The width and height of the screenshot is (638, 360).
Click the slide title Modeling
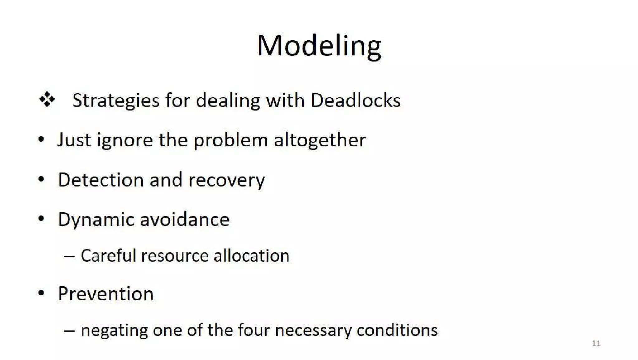[x=319, y=46]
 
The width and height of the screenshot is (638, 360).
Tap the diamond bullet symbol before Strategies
[x=47, y=99]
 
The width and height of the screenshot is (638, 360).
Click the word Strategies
[x=116, y=101]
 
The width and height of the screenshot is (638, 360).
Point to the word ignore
[x=125, y=140]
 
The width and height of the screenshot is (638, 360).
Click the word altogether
[x=320, y=140]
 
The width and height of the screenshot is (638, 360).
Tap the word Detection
[x=100, y=180]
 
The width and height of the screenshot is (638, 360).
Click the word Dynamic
[x=96, y=220]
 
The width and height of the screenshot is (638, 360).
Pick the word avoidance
[x=185, y=219]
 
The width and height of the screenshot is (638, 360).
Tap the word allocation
[x=251, y=256]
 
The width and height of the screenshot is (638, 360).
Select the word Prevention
[x=106, y=294]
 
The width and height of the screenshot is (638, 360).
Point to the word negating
[x=114, y=330]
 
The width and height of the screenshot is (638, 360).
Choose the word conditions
[x=397, y=330]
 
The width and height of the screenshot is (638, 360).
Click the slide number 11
[x=596, y=343]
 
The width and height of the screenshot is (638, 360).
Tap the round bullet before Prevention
[x=41, y=293]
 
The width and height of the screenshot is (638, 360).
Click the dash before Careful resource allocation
[x=69, y=256]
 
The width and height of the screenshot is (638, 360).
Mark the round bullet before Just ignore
[x=41, y=139]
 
